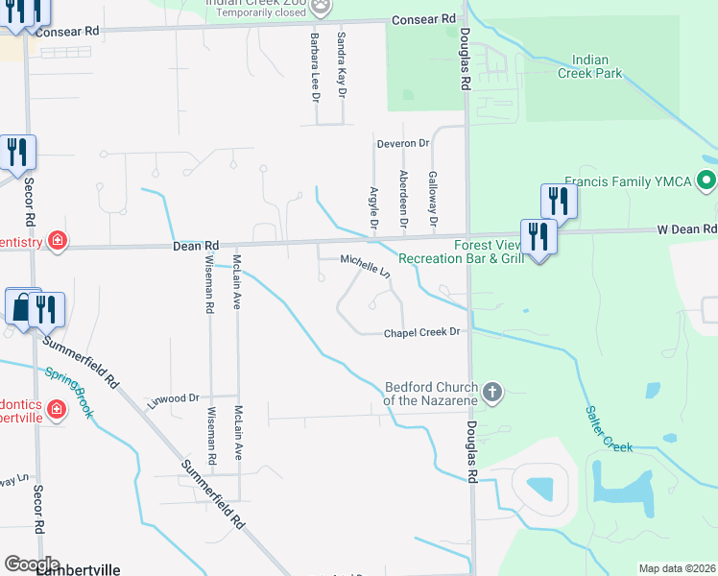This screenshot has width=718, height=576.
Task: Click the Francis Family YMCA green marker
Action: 707,180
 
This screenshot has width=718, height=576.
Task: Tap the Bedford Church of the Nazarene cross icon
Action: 492,391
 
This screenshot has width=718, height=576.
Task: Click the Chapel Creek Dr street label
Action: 423,332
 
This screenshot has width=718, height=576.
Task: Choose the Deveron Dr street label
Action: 403,143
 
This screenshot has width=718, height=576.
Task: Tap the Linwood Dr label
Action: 173,396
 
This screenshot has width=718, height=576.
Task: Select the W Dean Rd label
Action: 686,228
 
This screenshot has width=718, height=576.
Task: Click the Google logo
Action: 33,564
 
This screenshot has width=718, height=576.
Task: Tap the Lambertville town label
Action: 78,569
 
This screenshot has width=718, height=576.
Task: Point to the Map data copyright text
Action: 676,568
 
